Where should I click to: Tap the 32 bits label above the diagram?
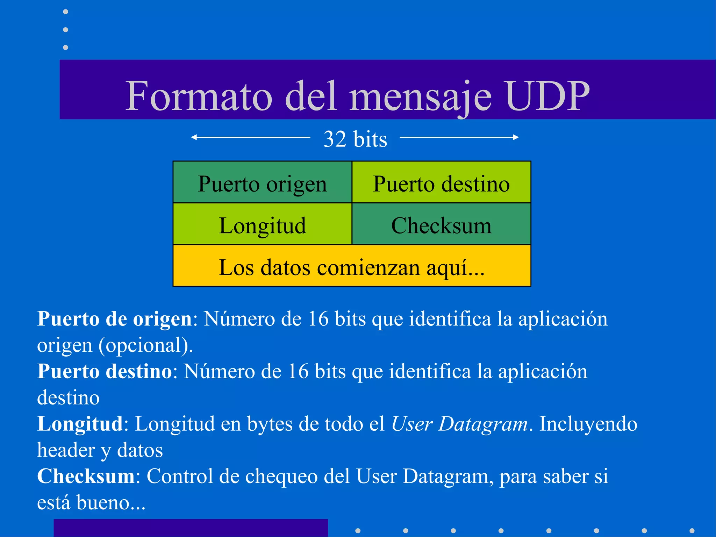355,139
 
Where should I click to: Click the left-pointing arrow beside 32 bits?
250,137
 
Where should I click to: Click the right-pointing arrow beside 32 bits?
459,137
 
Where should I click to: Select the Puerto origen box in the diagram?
262,182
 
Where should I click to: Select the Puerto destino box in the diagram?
441,182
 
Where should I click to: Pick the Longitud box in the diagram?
262,224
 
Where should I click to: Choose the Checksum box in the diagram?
441,224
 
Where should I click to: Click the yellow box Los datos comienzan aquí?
352,266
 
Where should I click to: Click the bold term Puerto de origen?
114,319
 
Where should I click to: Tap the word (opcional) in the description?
146,345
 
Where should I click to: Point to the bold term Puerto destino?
105,371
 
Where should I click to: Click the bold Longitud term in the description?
80,424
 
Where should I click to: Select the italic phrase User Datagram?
459,424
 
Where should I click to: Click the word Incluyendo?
588,424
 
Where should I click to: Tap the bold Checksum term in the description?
86,477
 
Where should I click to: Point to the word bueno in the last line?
103,503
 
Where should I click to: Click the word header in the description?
66,450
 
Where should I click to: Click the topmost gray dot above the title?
65,12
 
